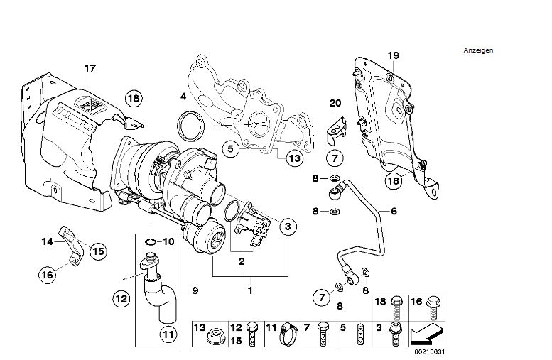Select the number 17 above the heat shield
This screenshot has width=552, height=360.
(x=90, y=68)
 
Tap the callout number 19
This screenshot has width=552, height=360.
(x=394, y=55)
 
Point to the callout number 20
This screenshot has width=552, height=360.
(x=335, y=103)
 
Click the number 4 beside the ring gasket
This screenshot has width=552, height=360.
(x=183, y=96)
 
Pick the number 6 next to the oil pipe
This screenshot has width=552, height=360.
(x=393, y=211)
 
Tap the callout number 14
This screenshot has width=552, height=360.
(x=46, y=241)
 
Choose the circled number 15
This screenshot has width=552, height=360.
(x=97, y=250)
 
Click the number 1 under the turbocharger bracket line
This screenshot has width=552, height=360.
(x=249, y=290)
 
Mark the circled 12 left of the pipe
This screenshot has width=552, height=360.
(x=121, y=298)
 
